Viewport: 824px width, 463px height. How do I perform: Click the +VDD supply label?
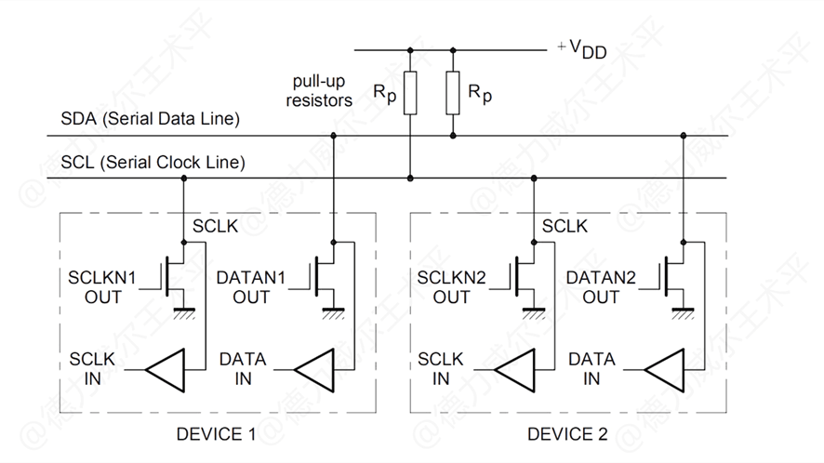[x=582, y=49]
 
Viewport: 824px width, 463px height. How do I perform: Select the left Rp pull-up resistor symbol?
[x=409, y=94]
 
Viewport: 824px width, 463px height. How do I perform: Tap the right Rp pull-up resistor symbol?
[x=453, y=94]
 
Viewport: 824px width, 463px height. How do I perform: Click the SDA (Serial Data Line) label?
[x=150, y=119]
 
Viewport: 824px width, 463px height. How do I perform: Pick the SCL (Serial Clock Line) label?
[x=153, y=163]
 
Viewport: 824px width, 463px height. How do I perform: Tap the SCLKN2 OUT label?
[x=451, y=286]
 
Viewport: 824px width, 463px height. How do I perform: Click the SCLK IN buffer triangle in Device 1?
[x=166, y=369]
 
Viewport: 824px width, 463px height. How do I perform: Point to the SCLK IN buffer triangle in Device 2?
[x=515, y=369]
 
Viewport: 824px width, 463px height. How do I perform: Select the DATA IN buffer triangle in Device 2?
[x=664, y=369]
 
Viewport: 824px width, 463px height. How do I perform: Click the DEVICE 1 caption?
[x=215, y=434]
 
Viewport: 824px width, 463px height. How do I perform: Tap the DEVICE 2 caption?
[x=566, y=434]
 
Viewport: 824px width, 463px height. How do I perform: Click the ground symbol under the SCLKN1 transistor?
[x=184, y=312]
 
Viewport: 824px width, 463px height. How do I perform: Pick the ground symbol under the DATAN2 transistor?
[x=684, y=312]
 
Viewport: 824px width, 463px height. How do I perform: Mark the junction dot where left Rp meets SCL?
[x=409, y=178]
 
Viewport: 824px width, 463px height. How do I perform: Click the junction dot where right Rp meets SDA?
[x=453, y=136]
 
